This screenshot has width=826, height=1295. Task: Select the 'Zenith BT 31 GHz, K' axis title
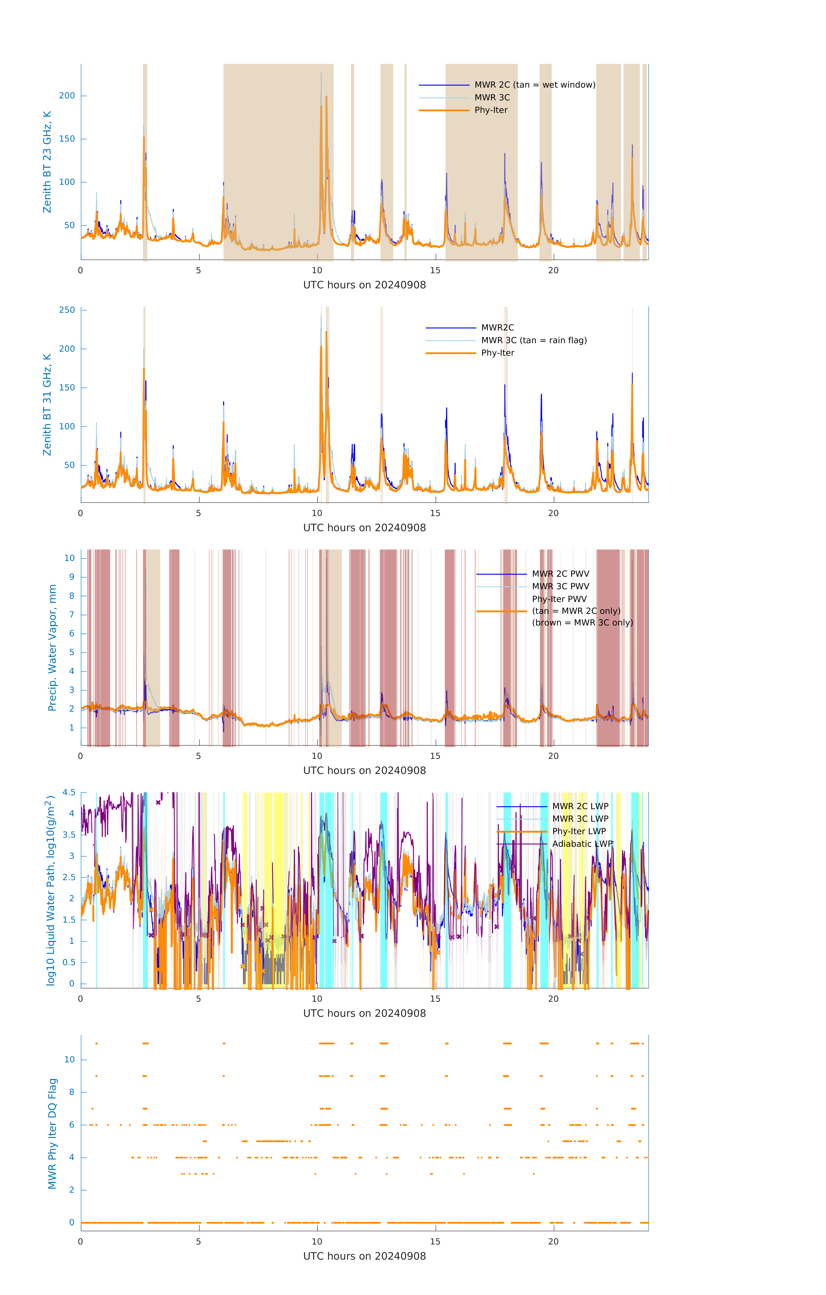point(47,404)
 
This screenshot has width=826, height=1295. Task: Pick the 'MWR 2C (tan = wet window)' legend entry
point(534,85)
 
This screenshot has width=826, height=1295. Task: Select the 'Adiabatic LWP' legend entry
point(582,844)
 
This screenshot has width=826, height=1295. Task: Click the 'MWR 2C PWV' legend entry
point(560,574)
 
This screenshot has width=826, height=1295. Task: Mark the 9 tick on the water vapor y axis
point(71,577)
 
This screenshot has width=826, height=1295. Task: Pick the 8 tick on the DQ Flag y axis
point(71,1092)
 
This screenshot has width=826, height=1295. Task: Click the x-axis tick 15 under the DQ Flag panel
point(435,1242)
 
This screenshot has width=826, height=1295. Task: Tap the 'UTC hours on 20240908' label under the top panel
point(364,285)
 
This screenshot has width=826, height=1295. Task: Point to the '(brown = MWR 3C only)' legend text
point(582,623)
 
